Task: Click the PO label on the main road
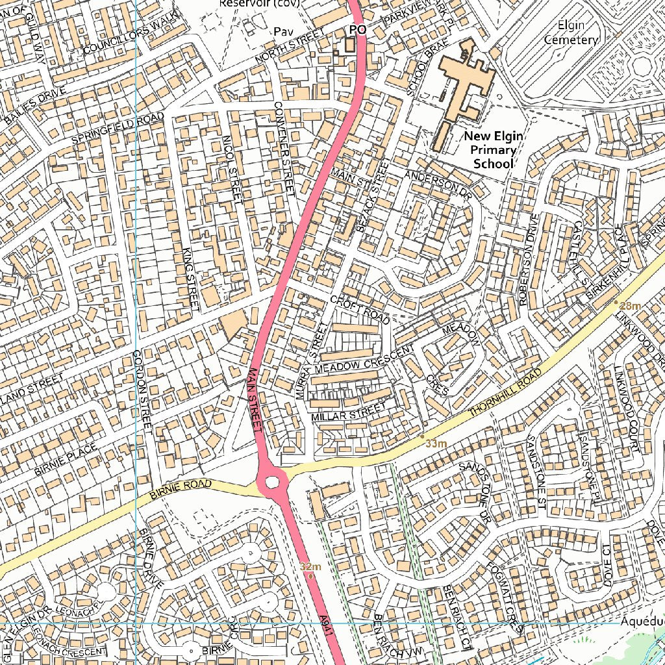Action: click(357, 30)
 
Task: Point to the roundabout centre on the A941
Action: click(272, 483)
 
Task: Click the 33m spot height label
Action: click(436, 444)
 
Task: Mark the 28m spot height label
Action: click(630, 306)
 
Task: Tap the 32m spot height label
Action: click(310, 566)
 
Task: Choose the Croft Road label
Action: click(360, 310)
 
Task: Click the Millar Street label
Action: click(348, 411)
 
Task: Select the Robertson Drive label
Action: click(528, 260)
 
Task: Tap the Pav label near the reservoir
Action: click(281, 31)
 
